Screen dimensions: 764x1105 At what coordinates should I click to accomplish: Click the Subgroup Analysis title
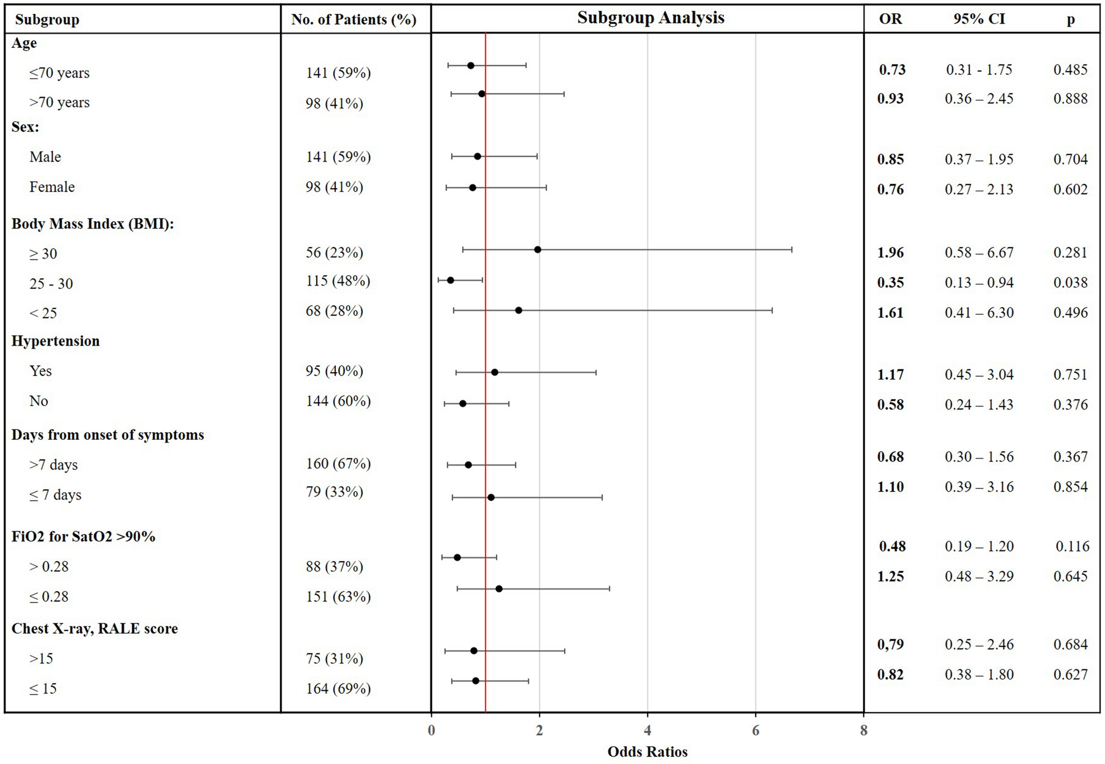[x=651, y=18]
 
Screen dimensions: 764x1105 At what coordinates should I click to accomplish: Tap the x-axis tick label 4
[x=647, y=731]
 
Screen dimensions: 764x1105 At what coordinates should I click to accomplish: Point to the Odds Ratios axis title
[x=647, y=752]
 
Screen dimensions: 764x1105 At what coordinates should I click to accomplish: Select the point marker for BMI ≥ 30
[x=538, y=250]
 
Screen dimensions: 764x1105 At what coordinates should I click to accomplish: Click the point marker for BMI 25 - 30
[x=451, y=280]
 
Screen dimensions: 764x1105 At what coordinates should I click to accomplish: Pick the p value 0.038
[x=1070, y=283]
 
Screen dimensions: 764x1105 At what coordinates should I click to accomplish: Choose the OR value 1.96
[x=891, y=253]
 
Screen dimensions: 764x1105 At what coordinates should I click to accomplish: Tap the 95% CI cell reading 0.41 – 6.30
[x=979, y=313]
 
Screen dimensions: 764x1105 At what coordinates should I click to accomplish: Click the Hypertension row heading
[x=56, y=341]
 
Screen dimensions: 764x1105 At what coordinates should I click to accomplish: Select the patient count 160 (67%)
[x=338, y=463]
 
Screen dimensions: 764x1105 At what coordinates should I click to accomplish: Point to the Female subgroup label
[x=52, y=187]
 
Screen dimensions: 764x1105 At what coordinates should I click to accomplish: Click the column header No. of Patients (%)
[x=354, y=20]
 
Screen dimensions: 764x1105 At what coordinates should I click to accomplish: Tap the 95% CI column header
[x=979, y=19]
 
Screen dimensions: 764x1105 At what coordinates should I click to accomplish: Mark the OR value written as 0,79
[x=891, y=645]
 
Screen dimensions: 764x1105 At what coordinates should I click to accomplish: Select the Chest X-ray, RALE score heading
[x=95, y=629]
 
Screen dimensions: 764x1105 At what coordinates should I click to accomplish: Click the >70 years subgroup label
[x=59, y=102]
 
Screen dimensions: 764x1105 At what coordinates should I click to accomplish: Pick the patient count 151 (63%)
[x=338, y=597]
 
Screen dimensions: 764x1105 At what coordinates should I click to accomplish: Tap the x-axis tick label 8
[x=864, y=731]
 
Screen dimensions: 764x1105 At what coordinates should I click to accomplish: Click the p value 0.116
[x=1072, y=547]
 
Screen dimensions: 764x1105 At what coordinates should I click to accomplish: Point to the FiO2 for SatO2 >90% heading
[x=83, y=537]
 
